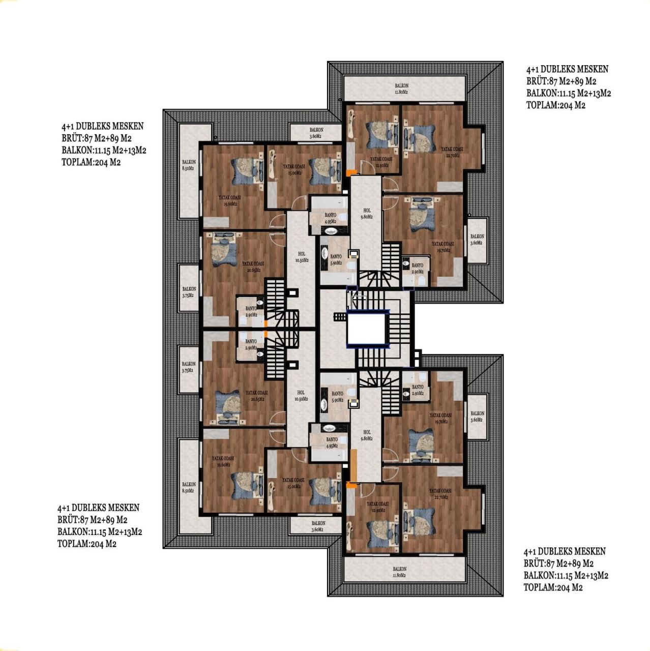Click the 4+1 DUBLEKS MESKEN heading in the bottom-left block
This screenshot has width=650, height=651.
pyautogui.click(x=98, y=508)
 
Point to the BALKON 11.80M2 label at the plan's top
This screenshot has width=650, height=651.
pyautogui.click(x=401, y=89)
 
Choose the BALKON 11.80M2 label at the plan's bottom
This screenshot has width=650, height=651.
pyautogui.click(x=399, y=572)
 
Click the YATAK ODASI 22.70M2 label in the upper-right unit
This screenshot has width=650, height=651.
pyautogui.click(x=452, y=153)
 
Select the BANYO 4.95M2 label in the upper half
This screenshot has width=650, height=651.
pyautogui.click(x=331, y=218)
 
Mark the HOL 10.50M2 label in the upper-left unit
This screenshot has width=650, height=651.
pyautogui.click(x=302, y=256)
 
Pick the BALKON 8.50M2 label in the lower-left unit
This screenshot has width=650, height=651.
pyautogui.click(x=189, y=488)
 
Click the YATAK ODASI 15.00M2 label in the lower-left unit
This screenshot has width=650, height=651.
pyautogui.click(x=293, y=483)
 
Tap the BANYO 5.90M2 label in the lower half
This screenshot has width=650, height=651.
pyautogui.click(x=337, y=397)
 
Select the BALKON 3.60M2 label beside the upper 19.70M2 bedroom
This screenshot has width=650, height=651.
pyautogui.click(x=477, y=240)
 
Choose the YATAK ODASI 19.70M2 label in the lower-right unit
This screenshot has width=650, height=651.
pyautogui.click(x=440, y=418)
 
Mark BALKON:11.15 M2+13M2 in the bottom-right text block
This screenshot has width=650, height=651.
pyautogui.click(x=566, y=575)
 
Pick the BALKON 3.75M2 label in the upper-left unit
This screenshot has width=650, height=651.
pyautogui.click(x=189, y=292)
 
